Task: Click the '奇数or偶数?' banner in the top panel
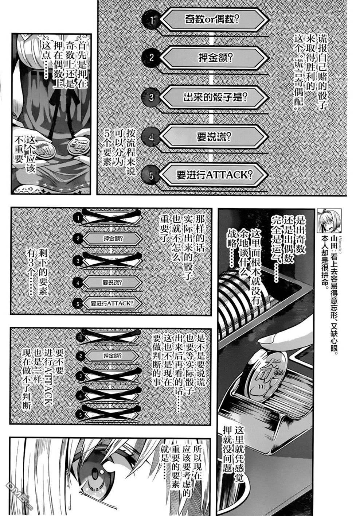coord(214,20)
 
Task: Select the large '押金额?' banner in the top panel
coord(214,58)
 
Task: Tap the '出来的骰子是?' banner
coord(214,97)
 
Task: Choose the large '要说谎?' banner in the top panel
coord(214,137)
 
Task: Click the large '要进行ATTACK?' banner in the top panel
coord(214,175)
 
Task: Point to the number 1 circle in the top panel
coord(151,20)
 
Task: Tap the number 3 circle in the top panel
coord(151,98)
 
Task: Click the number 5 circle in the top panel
coord(151,176)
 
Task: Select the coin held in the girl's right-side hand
coord(78,145)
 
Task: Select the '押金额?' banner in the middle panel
coord(113,238)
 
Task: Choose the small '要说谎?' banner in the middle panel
coord(113,282)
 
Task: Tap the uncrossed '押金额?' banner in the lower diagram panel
coord(113,356)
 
